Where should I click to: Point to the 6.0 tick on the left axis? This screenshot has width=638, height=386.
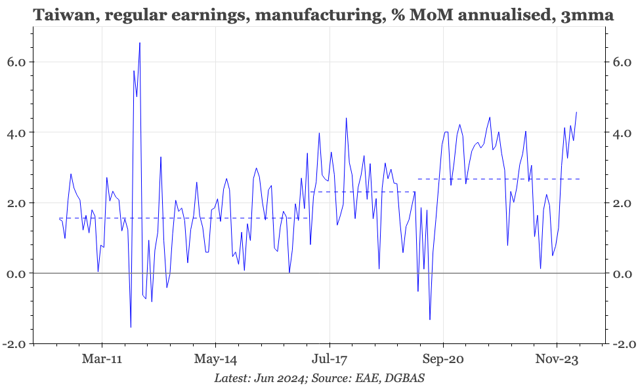tap(16, 62)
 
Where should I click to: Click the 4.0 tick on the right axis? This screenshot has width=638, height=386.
tap(622, 133)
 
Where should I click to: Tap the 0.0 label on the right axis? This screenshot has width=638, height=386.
tap(622, 273)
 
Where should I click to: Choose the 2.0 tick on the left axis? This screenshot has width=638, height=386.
tap(16, 203)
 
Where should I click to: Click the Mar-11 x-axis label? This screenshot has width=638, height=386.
tap(102, 359)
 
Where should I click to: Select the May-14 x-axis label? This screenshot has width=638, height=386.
tap(215, 359)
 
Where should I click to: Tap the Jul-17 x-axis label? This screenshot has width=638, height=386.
tap(329, 359)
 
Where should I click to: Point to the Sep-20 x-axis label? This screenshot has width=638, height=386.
tap(443, 359)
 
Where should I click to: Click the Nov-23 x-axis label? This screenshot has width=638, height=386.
tap(557, 359)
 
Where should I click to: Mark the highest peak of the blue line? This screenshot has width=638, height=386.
tap(140, 43)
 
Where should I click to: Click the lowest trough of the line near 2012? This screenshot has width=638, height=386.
tap(131, 327)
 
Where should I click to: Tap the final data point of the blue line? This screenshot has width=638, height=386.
tap(576, 112)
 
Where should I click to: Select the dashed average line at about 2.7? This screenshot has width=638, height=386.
tap(499, 179)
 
